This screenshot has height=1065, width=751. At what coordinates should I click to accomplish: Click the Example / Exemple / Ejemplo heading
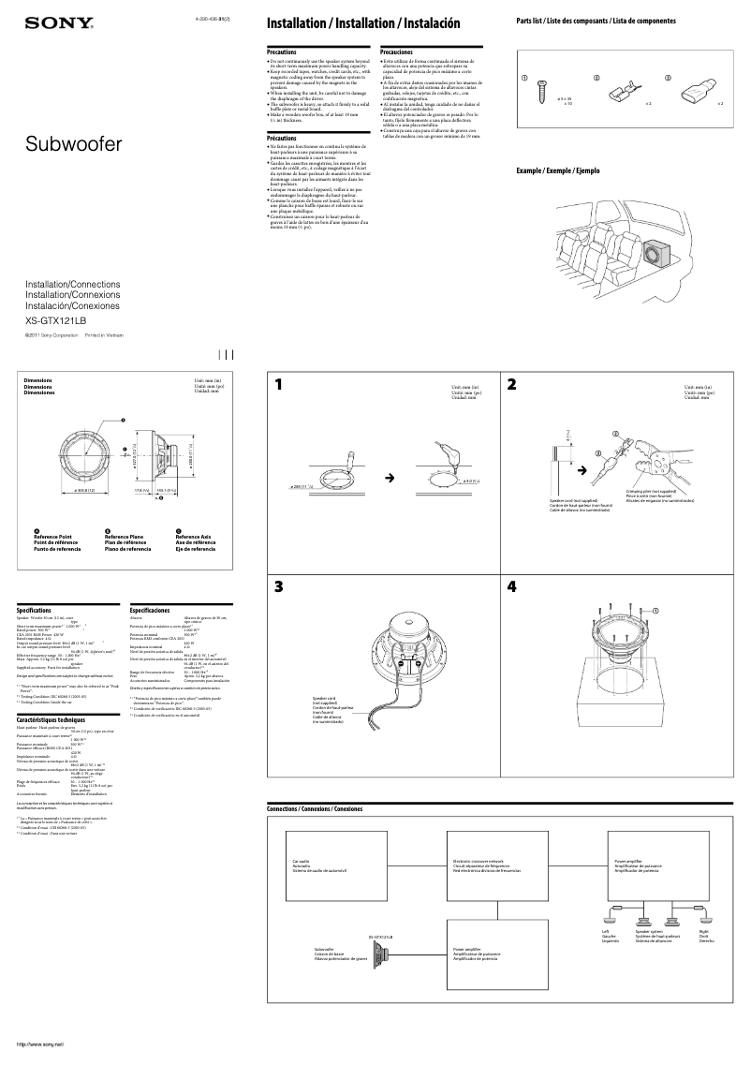tap(558, 171)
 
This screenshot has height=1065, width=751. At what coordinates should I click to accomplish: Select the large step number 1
tap(278, 384)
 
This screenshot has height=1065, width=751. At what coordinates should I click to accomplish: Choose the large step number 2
tap(511, 384)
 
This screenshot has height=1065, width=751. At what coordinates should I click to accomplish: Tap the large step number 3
tap(278, 588)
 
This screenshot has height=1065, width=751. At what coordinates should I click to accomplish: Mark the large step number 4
tap(511, 588)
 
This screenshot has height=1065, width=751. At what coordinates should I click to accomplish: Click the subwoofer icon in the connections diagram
tap(381, 954)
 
